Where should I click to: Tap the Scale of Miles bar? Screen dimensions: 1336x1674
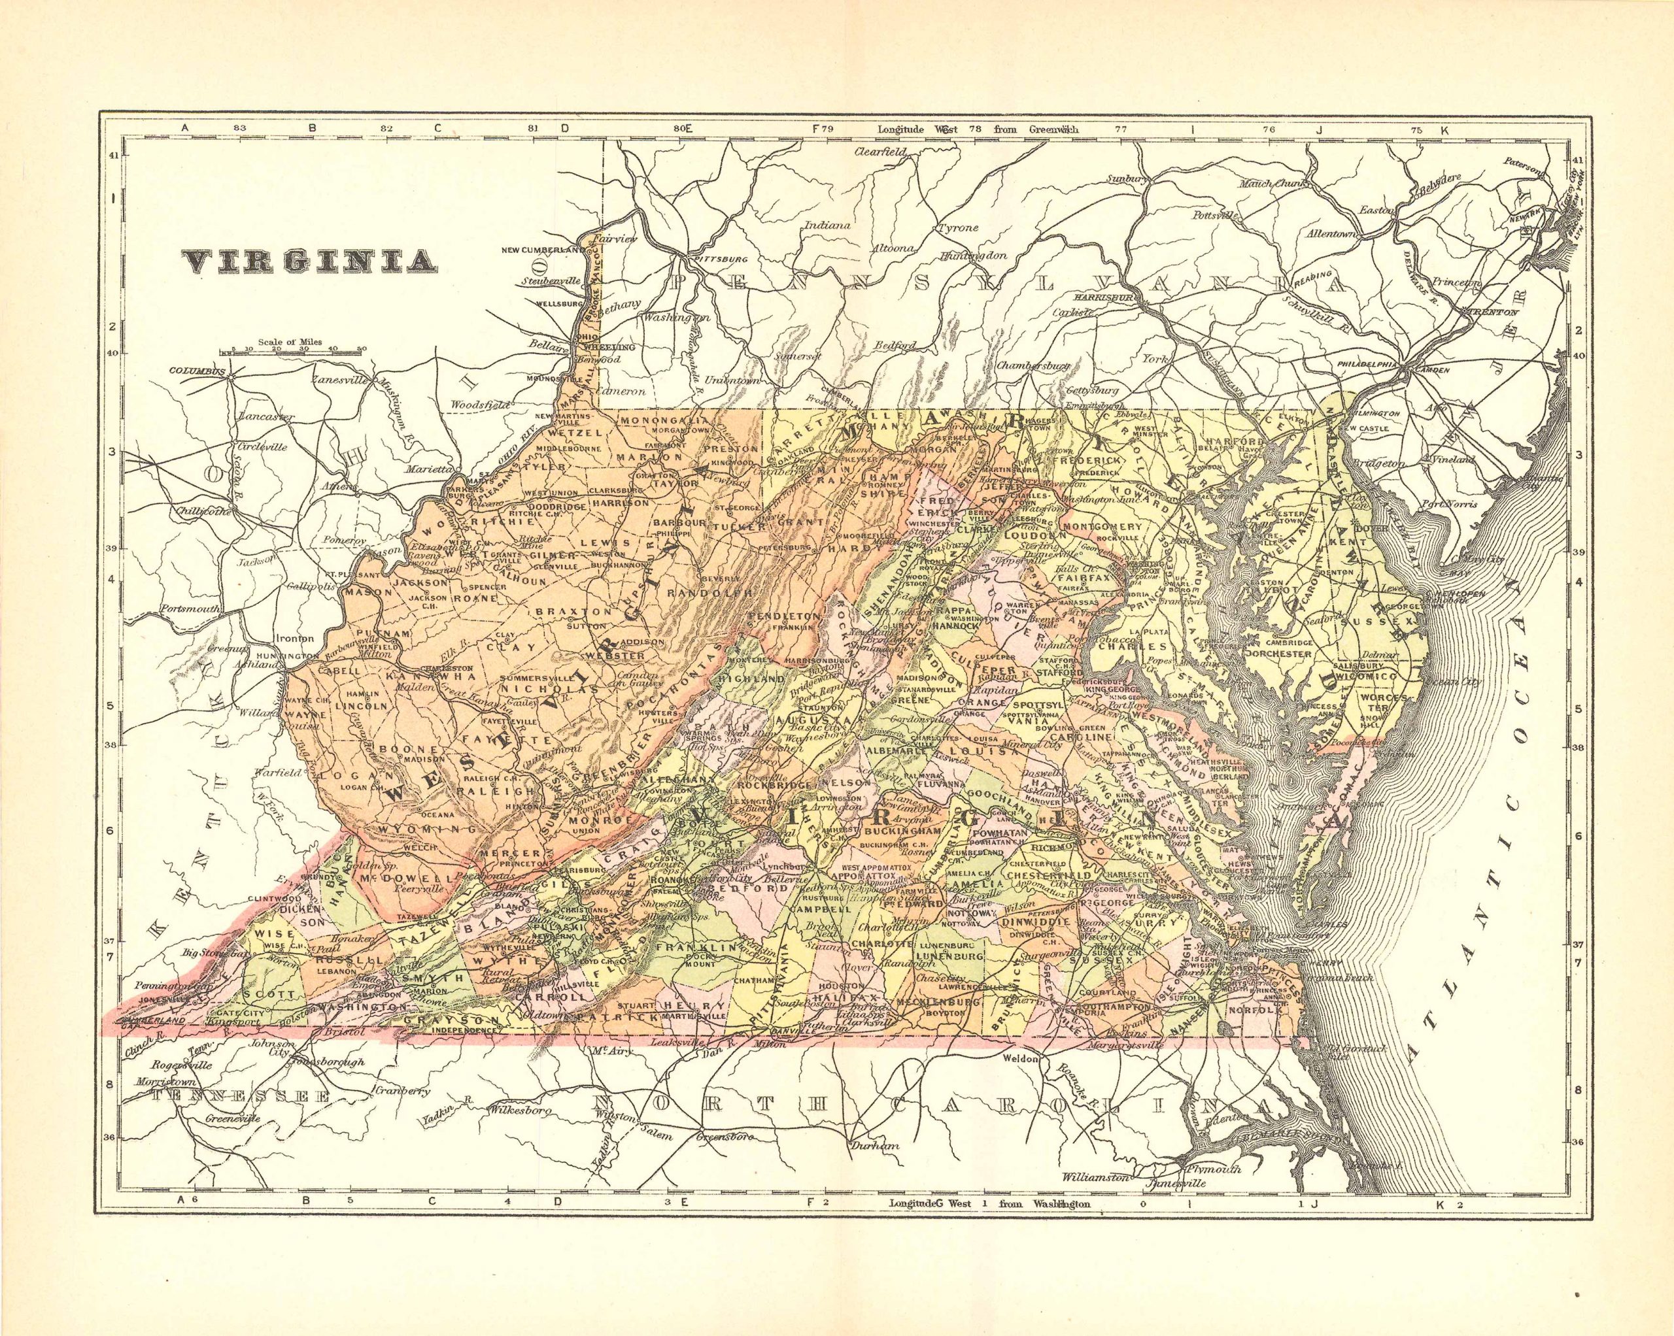291,352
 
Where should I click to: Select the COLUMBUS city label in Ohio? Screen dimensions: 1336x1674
196,371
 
